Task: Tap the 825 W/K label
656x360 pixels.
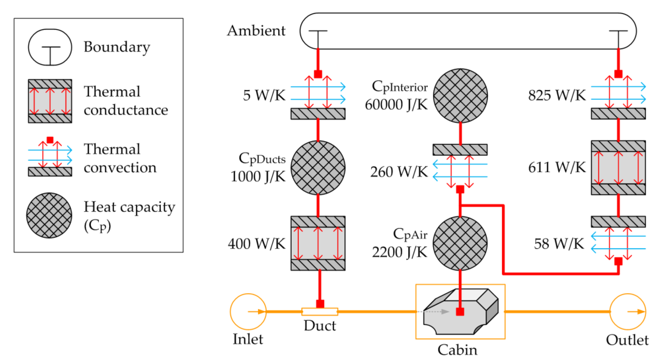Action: [x=557, y=95]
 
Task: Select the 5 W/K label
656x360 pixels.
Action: [x=264, y=95]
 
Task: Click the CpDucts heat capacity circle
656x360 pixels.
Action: [x=318, y=168]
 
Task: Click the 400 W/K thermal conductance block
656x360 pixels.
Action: [x=318, y=243]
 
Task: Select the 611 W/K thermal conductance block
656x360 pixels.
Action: [x=618, y=168]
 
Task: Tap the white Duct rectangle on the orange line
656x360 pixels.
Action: [x=320, y=311]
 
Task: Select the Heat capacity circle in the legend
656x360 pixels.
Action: [x=49, y=215]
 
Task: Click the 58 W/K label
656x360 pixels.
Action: [x=559, y=244]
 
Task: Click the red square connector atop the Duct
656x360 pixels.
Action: [x=320, y=304]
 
